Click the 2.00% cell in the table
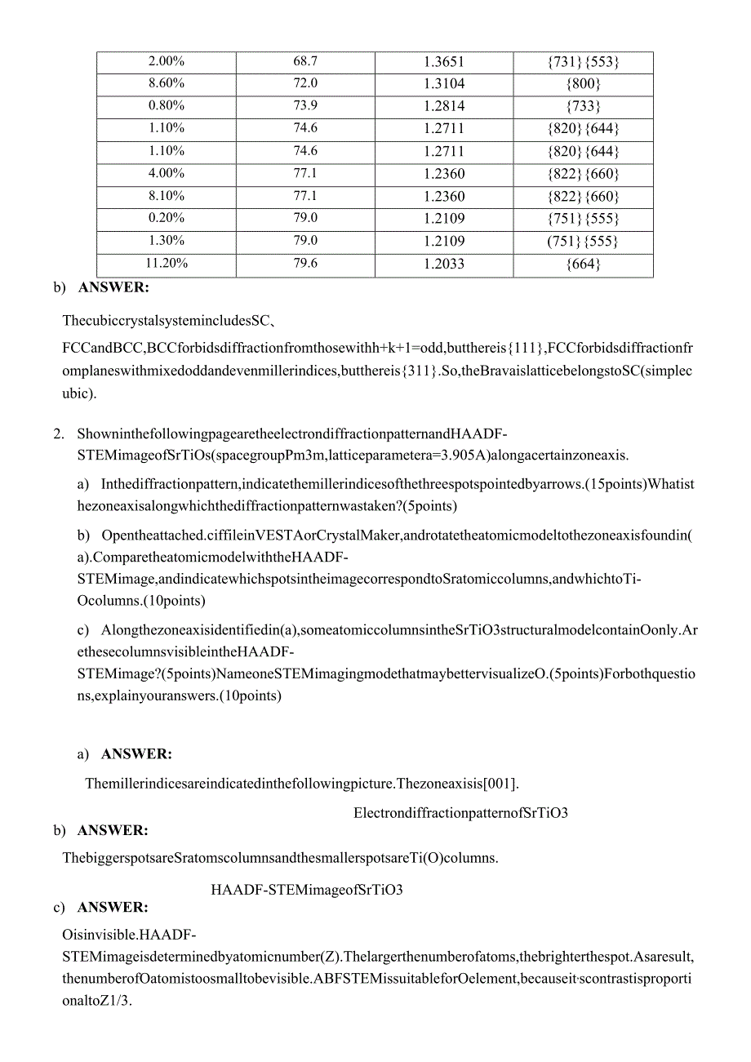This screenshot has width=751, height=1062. tap(166, 61)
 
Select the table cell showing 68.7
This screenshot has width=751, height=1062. tap(305, 61)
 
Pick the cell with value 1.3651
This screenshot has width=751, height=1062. tap(444, 61)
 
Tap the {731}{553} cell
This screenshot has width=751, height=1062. tap(583, 62)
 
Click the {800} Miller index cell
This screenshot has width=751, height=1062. tap(583, 84)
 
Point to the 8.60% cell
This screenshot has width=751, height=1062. tap(166, 83)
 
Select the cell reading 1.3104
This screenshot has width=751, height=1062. tap(444, 84)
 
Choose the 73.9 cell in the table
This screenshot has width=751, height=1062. tap(305, 106)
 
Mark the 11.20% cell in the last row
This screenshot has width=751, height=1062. tap(166, 263)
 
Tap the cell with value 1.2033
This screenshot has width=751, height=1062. tap(444, 264)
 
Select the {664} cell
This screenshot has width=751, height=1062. tap(583, 264)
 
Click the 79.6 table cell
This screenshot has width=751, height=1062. tap(305, 263)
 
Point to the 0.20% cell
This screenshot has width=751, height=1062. tap(166, 218)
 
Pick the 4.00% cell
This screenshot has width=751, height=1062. tap(166, 173)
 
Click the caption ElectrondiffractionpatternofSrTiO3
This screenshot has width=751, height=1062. tap(460, 812)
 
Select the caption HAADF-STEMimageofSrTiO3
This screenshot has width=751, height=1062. tap(307, 890)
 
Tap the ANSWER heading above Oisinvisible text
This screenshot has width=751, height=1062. tap(113, 908)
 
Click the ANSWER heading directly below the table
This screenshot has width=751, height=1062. tap(113, 287)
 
